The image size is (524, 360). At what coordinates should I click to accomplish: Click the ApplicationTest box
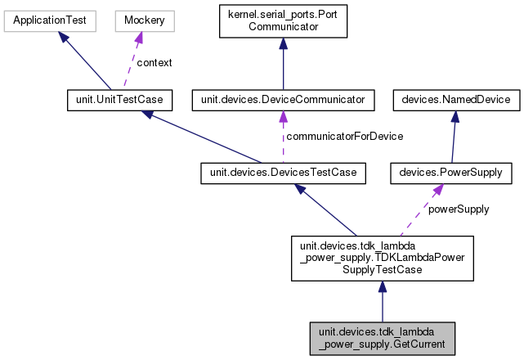tap(50, 17)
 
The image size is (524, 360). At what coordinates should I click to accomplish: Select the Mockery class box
tap(139, 17)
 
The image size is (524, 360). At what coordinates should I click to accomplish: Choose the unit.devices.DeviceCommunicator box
tap(282, 100)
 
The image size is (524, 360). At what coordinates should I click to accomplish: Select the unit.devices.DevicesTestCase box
tap(282, 173)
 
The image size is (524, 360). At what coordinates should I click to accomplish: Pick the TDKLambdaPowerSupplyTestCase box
tap(382, 257)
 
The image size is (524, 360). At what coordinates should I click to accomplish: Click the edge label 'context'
tap(153, 62)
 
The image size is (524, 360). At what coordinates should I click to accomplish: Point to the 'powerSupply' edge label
tap(458, 209)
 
